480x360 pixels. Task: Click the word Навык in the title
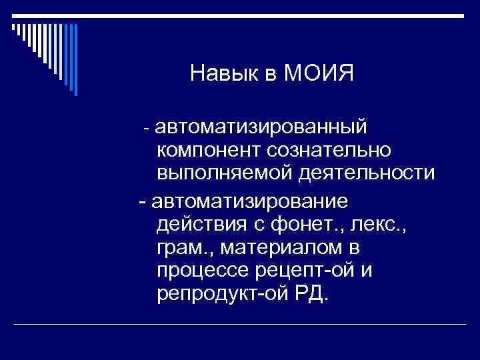pos(219,73)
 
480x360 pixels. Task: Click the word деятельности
pos(367,173)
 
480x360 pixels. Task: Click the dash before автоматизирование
pos(141,201)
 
